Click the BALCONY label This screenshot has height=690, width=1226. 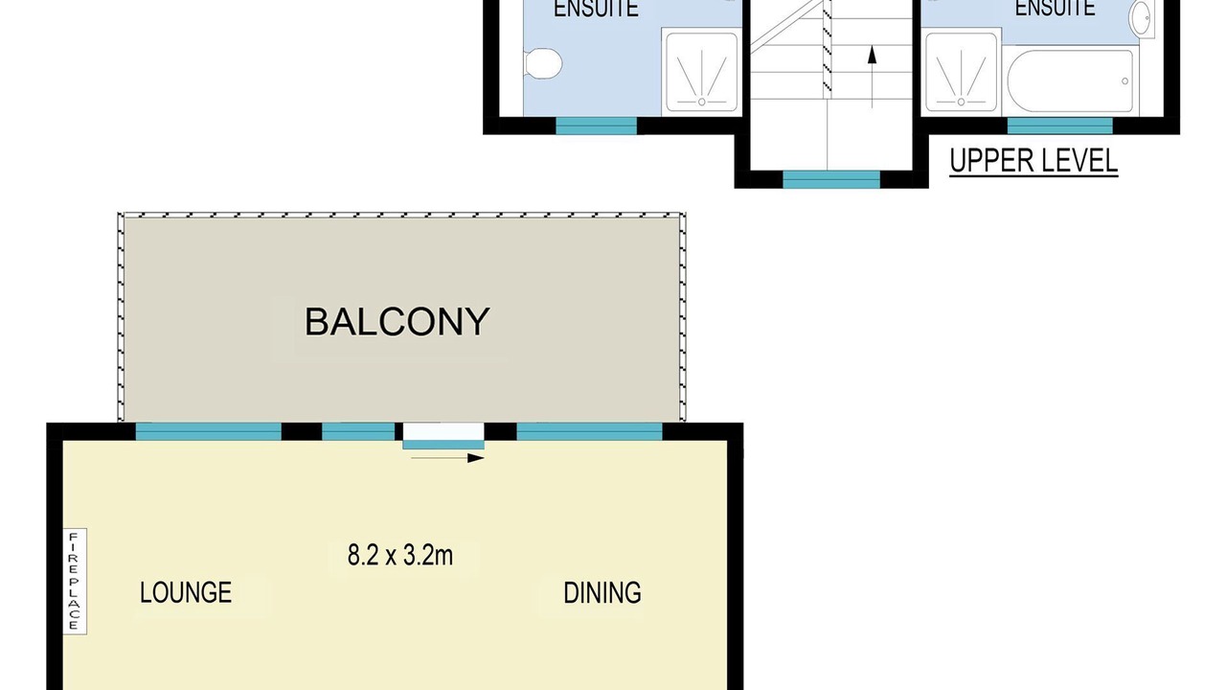pos(397,322)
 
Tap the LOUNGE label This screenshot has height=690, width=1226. pos(186,592)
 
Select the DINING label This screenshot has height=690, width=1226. pos(602,593)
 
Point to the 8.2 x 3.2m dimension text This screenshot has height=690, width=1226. pos(400,555)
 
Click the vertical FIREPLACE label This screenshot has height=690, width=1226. pos(75,582)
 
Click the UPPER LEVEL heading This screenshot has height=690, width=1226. pos(1033,161)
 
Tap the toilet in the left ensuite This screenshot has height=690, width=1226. pos(543,63)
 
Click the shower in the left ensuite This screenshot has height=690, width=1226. pos(701,72)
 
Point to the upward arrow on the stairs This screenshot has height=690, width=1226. pos(873,77)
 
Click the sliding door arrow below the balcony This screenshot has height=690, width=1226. pos(447,458)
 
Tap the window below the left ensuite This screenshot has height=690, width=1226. pos(596,126)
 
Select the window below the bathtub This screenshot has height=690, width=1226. pos(1059,126)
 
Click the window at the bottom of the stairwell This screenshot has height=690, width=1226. pos(831,179)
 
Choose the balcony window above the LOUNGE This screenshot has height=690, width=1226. pos(209,431)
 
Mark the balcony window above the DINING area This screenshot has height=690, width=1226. pos(589,431)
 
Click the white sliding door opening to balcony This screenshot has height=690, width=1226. pos(443,432)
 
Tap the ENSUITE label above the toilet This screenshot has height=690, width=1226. pos(596,9)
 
